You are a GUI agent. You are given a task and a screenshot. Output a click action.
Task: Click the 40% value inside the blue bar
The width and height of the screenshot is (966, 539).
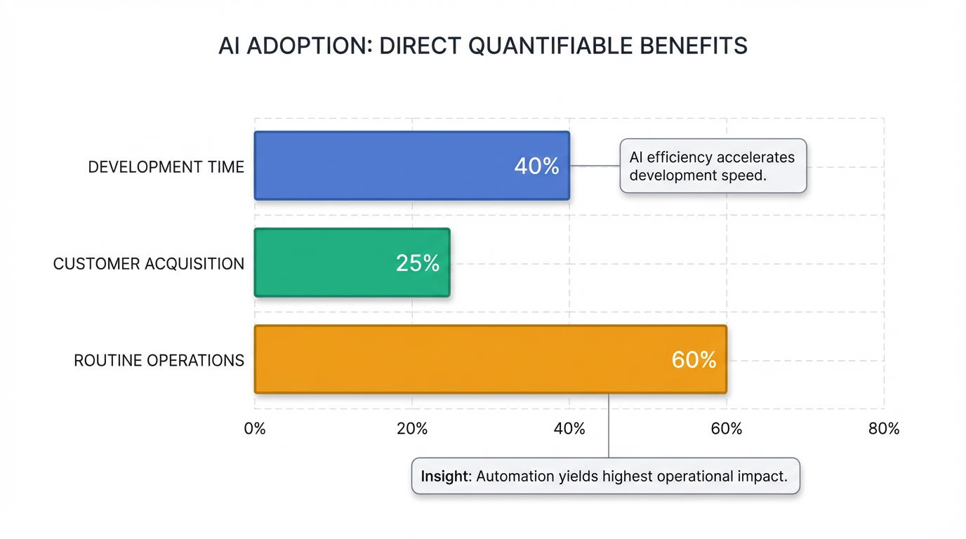tap(536, 166)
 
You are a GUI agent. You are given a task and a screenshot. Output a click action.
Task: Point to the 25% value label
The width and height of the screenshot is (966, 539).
tap(418, 263)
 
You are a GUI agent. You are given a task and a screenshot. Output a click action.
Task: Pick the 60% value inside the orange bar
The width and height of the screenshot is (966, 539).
tap(694, 360)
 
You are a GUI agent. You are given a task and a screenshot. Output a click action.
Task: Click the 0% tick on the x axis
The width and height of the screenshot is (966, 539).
tap(255, 429)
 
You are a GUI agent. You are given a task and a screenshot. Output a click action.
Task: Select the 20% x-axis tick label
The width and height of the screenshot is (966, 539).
tap(412, 429)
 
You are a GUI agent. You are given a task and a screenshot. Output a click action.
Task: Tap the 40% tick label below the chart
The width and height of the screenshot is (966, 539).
tap(569, 429)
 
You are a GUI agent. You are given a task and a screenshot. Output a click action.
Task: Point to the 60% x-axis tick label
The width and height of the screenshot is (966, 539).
tap(727, 429)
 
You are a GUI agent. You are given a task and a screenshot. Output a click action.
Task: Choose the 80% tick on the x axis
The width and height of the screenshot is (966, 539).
tap(884, 429)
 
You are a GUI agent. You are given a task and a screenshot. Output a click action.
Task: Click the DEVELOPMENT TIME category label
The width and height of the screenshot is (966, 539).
tap(166, 167)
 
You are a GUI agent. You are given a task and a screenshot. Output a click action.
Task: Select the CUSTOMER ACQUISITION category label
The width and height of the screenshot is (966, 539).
tap(149, 264)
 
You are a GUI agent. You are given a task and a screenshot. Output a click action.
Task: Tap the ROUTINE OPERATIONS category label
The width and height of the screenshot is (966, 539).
tap(159, 361)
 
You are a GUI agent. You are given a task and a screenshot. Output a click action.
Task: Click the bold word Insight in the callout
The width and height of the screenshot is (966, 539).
tap(445, 477)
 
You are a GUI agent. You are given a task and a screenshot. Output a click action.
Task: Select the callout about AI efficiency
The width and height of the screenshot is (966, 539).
tap(713, 166)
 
